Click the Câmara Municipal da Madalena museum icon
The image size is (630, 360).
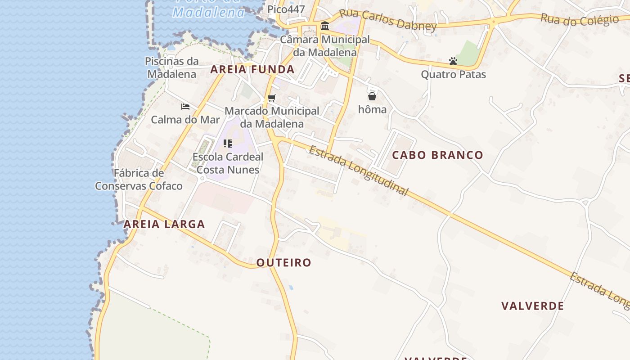(325, 26)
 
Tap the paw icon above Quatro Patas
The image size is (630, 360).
(453, 61)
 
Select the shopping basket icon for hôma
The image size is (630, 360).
(372, 96)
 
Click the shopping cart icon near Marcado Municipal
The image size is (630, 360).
(271, 98)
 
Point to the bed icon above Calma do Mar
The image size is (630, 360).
(185, 107)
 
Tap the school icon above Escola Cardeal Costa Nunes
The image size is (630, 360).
(228, 144)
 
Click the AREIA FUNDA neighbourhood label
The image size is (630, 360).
(252, 69)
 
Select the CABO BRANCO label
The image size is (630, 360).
(437, 155)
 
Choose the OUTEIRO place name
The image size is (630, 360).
(283, 263)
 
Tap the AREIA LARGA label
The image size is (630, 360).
(164, 224)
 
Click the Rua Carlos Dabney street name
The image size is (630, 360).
(387, 20)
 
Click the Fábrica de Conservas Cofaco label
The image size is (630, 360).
(139, 180)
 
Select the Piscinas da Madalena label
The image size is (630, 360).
(172, 67)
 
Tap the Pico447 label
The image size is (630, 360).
(286, 9)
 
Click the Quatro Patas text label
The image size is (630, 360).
(453, 74)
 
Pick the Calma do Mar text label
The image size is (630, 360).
(185, 120)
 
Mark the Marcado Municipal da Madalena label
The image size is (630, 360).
(272, 117)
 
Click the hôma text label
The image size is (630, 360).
(372, 109)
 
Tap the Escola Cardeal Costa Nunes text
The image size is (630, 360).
(228, 163)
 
